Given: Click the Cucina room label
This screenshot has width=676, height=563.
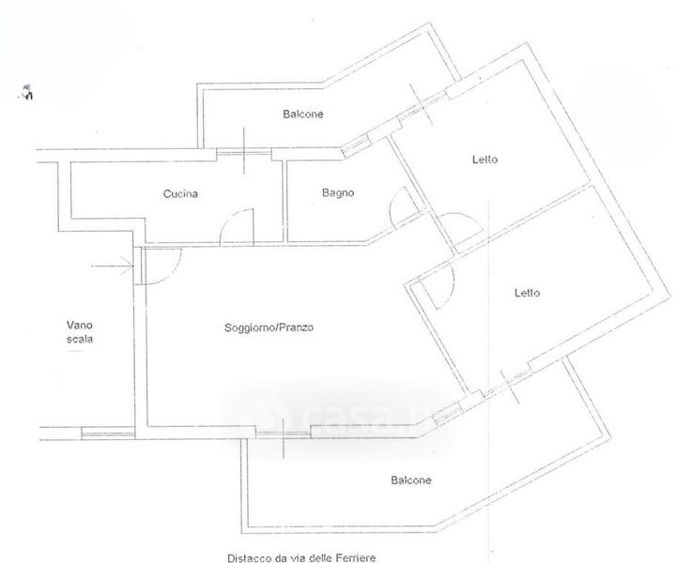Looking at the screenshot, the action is click(179, 194).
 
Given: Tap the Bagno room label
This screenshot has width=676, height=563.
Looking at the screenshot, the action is click(337, 193).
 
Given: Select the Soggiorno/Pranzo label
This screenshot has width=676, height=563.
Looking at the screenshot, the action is click(269, 328).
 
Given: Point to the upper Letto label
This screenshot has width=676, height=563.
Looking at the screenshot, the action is click(484, 160).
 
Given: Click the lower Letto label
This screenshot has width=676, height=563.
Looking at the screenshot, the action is click(527, 293).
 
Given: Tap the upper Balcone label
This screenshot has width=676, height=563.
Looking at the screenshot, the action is click(303, 114).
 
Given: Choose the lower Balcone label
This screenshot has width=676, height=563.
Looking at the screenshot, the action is click(410, 480).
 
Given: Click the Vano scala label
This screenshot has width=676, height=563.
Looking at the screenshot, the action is click(80, 331).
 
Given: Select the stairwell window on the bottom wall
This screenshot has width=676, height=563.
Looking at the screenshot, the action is click(105, 433).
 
